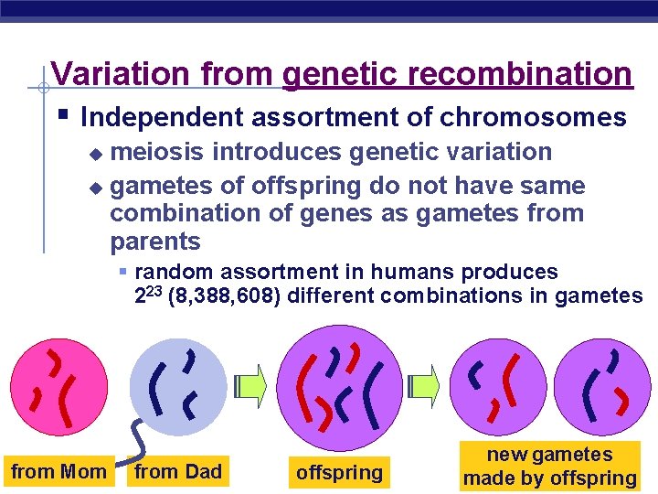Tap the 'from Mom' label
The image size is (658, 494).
(x=58, y=472)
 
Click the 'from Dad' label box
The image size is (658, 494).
(x=178, y=472)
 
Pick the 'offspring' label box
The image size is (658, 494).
(x=339, y=473)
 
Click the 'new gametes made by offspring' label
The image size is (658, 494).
(x=549, y=467)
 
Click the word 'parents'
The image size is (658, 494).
(x=154, y=242)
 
